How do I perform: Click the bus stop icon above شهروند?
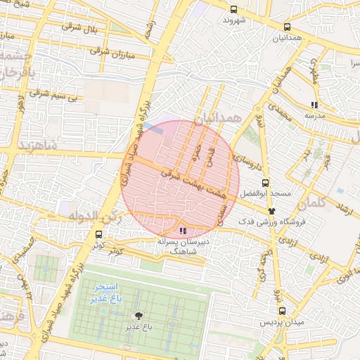pos(233,9)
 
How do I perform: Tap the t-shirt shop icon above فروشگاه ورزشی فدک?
pos(271,210)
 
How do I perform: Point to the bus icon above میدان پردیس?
pos(282,311)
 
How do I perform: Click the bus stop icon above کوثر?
pos(98,233)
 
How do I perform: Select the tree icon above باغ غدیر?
pos(138,316)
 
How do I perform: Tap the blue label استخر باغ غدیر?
pos(106,293)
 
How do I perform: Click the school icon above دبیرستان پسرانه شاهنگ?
pos(184,230)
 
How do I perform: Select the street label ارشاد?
pos(345,211)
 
